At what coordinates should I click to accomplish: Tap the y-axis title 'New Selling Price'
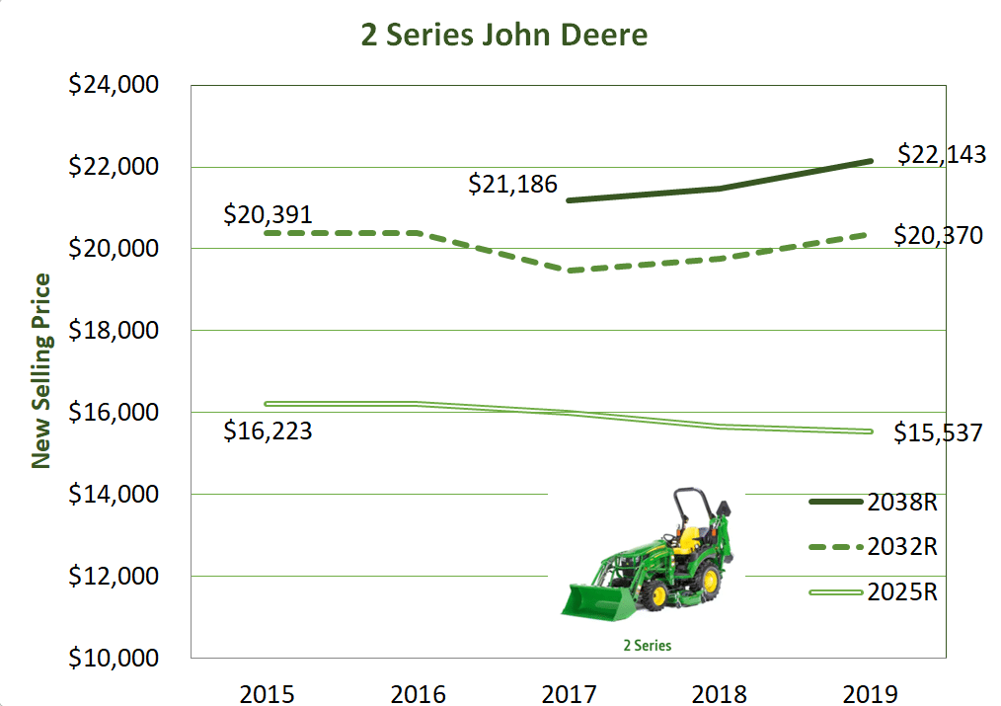click(x=41, y=371)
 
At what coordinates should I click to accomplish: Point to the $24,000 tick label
click(x=113, y=86)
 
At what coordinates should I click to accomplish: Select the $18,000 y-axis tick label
click(x=113, y=331)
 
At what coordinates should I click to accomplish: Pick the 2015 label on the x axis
click(x=267, y=693)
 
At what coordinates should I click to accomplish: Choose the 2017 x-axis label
click(x=569, y=693)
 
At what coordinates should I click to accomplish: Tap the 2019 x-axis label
click(x=871, y=693)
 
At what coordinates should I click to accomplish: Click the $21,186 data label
click(x=512, y=183)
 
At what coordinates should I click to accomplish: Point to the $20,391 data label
click(x=268, y=214)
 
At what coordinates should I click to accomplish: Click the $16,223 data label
click(x=268, y=431)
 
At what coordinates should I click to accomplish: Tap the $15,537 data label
click(x=938, y=432)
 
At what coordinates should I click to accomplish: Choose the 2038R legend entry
click(x=901, y=503)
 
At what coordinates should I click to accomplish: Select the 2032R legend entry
click(x=901, y=547)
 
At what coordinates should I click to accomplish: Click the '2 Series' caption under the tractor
click(x=647, y=646)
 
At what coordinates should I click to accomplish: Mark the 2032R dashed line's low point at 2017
click(x=569, y=270)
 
